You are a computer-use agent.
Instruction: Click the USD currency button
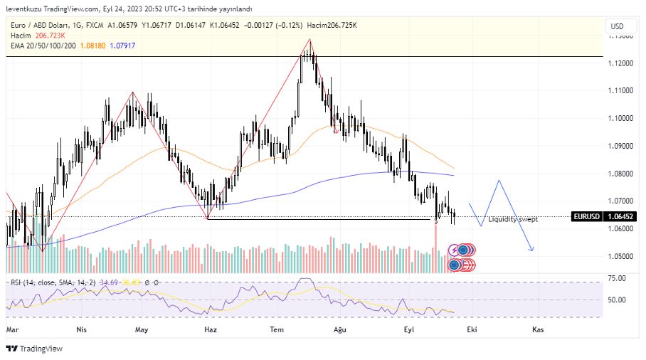pos(617,26)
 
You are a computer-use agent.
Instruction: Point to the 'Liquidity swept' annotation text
pos(513,219)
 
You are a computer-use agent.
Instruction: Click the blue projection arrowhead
pos(532,249)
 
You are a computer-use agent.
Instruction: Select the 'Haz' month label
pos(210,330)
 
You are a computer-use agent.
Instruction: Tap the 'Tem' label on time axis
pos(276,330)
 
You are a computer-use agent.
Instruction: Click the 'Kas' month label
pos(539,330)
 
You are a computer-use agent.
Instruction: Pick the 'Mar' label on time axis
pos(11,330)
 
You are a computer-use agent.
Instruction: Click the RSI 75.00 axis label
pos(617,278)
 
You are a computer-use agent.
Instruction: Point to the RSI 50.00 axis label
pos(617,300)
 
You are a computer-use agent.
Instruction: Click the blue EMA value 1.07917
pos(123,45)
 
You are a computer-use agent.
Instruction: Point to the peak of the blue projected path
pos(499,181)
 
